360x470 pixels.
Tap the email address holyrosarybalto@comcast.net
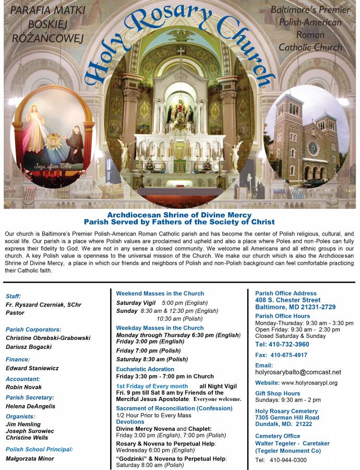[298, 372]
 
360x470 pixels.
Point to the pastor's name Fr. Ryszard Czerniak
[43, 304]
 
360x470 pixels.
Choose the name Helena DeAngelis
[30, 406]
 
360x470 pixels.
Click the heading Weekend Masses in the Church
[160, 293]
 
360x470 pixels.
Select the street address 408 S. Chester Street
[287, 300]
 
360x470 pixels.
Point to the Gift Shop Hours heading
[278, 393]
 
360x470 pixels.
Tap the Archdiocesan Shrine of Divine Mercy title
[179, 215]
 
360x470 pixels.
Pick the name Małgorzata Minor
[30, 459]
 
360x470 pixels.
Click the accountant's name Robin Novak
[25, 387]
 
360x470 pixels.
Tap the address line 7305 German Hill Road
[287, 418]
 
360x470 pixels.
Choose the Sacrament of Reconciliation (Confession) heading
[174, 408]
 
